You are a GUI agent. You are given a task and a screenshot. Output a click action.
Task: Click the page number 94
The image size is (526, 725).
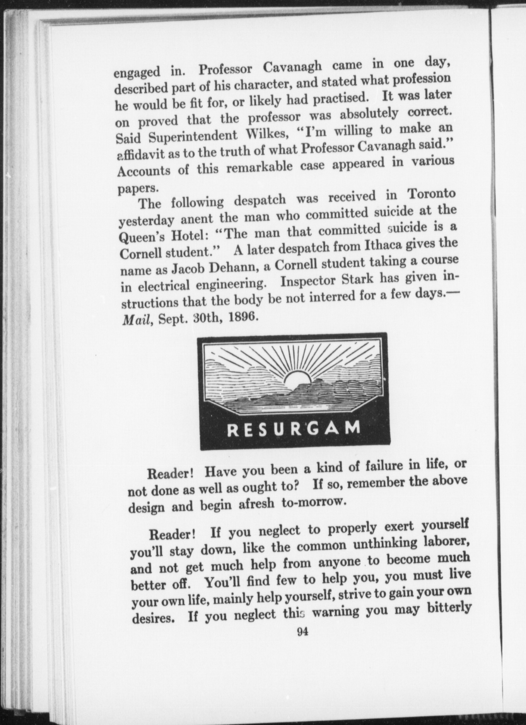[302, 632]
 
